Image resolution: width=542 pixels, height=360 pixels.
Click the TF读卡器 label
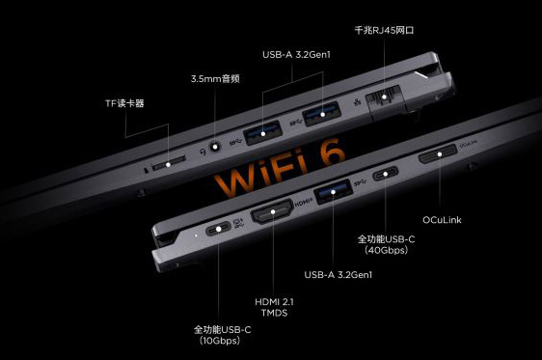pyautogui.click(x=124, y=103)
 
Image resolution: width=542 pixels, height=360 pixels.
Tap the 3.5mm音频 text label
pyautogui.click(x=215, y=79)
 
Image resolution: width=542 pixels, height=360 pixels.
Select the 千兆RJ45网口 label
pyautogui.click(x=384, y=30)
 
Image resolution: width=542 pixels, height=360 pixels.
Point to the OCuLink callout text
pyautogui.click(x=442, y=220)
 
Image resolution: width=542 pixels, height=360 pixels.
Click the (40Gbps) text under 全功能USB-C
pyautogui.click(x=386, y=250)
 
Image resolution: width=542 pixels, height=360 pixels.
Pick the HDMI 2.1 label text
pyautogui.click(x=274, y=302)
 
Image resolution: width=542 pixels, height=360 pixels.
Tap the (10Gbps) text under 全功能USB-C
pyautogui.click(x=220, y=341)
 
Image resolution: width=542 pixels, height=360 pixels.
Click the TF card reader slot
pyautogui.click(x=169, y=162)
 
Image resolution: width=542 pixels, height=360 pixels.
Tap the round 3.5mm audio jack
pyautogui.click(x=215, y=147)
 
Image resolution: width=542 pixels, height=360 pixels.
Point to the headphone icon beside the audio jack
pyautogui.click(x=203, y=152)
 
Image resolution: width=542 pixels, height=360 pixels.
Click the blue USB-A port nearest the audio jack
pyautogui.click(x=263, y=132)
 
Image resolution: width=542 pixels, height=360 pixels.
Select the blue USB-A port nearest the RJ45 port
pyautogui.click(x=322, y=114)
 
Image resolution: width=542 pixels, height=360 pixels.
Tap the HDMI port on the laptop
pyautogui.click(x=272, y=211)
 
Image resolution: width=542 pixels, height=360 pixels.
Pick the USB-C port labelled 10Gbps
pyautogui.click(x=218, y=229)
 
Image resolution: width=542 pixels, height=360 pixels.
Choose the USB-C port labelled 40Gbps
pyautogui.click(x=386, y=174)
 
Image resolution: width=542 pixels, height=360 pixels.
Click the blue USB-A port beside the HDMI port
pyautogui.click(x=333, y=192)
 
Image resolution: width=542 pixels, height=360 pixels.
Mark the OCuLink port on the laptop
pyautogui.click(x=438, y=153)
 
